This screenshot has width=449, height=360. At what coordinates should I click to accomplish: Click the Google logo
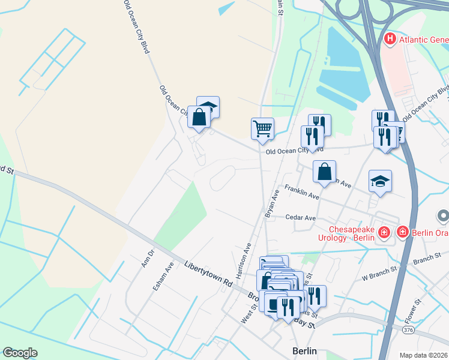(x=20, y=353)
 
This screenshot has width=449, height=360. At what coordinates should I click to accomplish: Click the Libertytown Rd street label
(x=208, y=273)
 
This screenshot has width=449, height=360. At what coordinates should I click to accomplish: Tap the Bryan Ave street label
(x=272, y=204)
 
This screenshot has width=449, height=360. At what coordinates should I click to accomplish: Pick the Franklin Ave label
(x=302, y=191)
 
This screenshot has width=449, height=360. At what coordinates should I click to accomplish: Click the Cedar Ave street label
(x=300, y=217)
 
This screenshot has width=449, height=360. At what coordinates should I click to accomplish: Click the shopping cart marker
(x=262, y=128)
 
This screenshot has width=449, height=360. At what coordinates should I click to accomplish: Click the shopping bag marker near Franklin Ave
(x=324, y=172)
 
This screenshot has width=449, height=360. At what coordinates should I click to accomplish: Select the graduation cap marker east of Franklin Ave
(x=380, y=181)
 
